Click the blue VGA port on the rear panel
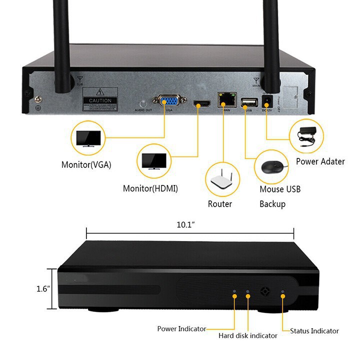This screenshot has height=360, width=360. coord(170,101)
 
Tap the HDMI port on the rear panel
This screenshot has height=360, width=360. coord(202,104)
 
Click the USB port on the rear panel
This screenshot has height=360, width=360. coord(247,103)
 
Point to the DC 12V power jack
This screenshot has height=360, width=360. coord(265,101)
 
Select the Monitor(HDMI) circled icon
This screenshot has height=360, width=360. coord(154,161)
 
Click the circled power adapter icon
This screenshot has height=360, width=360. coord(306,136)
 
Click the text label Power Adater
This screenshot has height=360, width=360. coord(320,161)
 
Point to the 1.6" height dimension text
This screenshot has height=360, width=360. coord(44,288)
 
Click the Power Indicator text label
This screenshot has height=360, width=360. coord(181,328)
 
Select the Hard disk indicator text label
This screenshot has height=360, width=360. coord(247,335)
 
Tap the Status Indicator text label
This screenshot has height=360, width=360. coord(314,330)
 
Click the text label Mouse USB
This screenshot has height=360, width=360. coord(280,189)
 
